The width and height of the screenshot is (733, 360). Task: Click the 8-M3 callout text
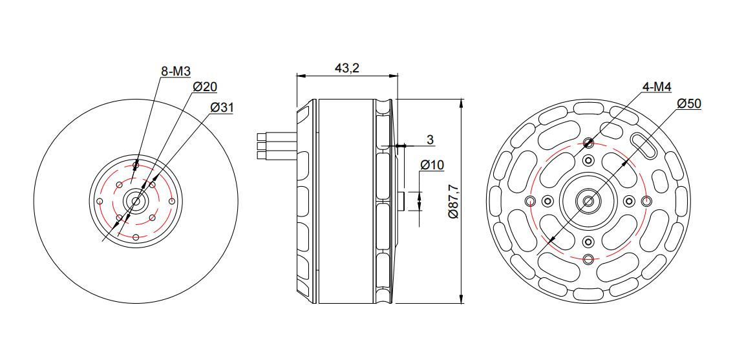[x=176, y=71]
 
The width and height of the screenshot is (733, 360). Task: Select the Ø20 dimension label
[x=205, y=87]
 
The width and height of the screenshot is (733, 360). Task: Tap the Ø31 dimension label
[x=222, y=107]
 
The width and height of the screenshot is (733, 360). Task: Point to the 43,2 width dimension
[x=346, y=68]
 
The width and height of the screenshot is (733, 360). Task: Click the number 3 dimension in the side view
[x=430, y=140]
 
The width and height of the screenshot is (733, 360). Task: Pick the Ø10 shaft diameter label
[x=432, y=165]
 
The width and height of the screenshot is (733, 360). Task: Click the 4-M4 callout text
[x=657, y=87]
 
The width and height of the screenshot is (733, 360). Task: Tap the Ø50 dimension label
[x=689, y=104]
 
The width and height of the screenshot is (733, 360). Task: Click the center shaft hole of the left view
[x=136, y=201]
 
